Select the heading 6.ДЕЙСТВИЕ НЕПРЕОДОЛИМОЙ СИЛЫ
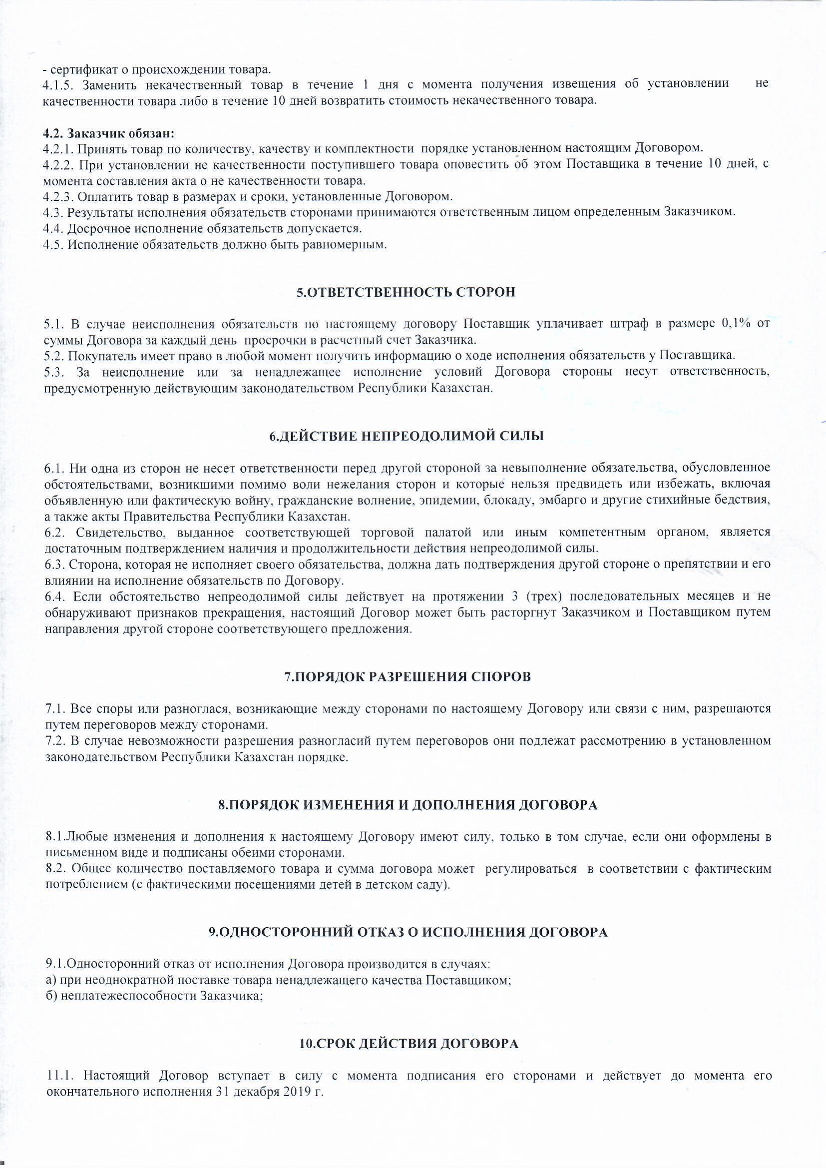(406, 436)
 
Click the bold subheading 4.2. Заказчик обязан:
(108, 133)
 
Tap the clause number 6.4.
(54, 595)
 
